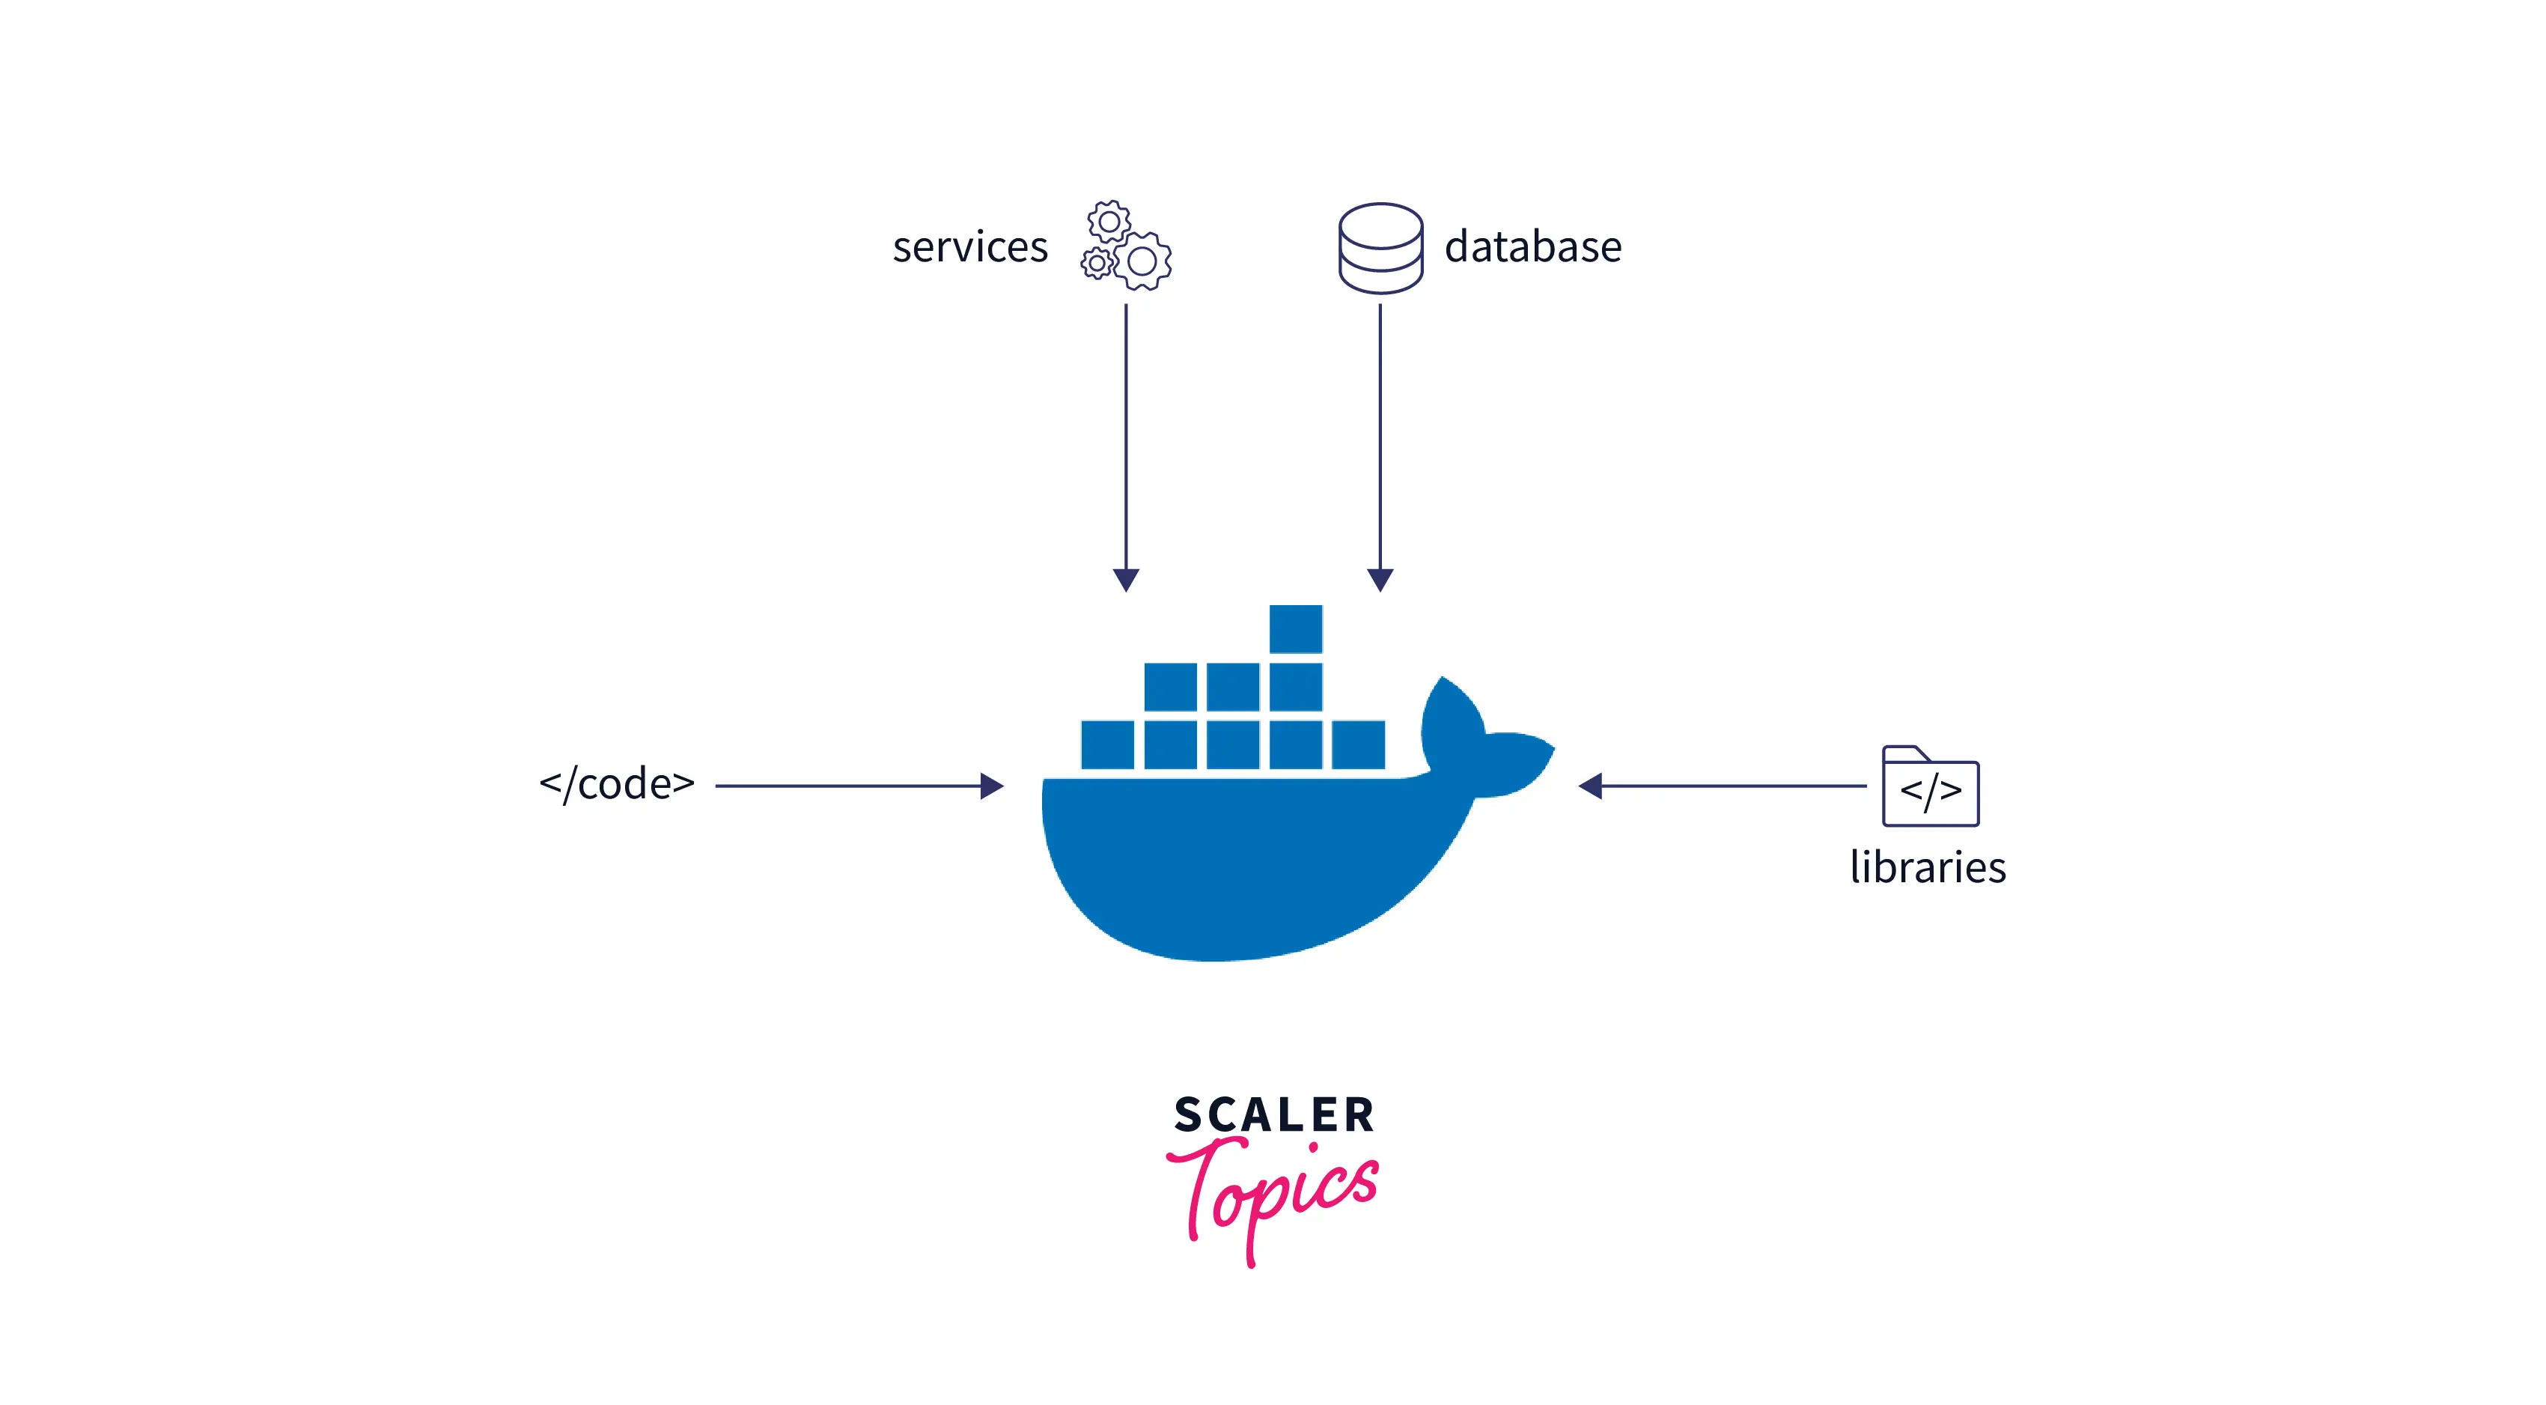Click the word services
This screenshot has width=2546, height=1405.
tap(969, 247)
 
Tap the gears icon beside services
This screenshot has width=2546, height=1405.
tap(1126, 245)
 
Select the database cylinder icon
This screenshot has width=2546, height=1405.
tap(1380, 248)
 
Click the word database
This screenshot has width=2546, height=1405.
tap(1533, 247)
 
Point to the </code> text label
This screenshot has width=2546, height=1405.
tap(617, 784)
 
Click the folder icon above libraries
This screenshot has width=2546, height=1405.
tap(1929, 786)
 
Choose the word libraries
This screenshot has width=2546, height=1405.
tap(1928, 867)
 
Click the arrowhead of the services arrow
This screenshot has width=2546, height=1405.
tap(1126, 580)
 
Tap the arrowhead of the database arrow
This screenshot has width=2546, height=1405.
tap(1380, 580)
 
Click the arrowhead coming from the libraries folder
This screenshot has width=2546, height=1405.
tap(1590, 786)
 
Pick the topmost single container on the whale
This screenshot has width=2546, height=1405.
tap(1295, 629)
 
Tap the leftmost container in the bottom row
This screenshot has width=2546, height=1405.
tap(1107, 744)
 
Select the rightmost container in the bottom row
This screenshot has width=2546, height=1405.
tap(1358, 744)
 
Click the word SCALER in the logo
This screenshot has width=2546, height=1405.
tap(1274, 1115)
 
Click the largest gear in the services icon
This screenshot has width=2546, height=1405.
tap(1142, 261)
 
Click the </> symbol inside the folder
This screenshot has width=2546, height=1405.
tap(1929, 791)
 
